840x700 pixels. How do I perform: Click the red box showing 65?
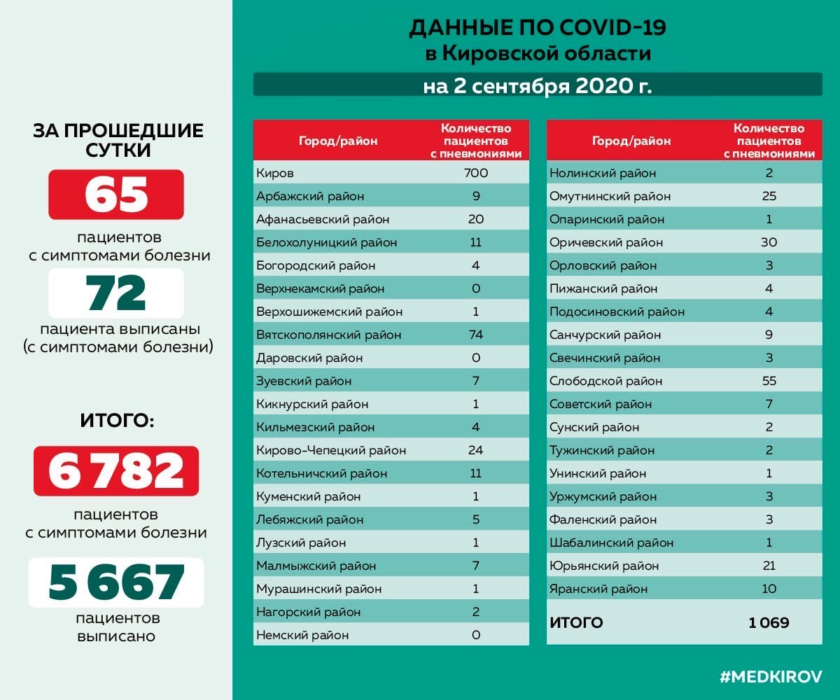coord(116,195)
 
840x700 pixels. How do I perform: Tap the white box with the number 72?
coord(116,293)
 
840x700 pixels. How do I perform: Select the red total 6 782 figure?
coord(116,471)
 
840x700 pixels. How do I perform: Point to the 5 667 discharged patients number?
coord(116,582)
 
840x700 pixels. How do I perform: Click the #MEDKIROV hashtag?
coord(771,677)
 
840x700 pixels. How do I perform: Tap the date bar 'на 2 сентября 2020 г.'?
coord(537,86)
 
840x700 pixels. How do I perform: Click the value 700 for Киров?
coord(476,173)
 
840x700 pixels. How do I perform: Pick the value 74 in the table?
coord(476,335)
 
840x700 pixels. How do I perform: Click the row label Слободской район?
coord(606,381)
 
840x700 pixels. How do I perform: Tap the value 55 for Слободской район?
coord(769,381)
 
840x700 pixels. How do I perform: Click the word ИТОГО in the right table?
coord(576,622)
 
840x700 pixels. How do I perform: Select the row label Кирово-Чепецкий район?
coord(331,450)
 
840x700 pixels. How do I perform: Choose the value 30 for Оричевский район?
coord(769,242)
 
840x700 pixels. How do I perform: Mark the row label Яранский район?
coord(598,589)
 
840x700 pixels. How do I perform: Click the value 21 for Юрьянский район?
coord(769,566)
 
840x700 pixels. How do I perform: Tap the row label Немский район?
coord(302,635)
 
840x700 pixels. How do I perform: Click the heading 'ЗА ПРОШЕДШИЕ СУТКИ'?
coord(118,140)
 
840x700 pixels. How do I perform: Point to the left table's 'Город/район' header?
coord(338,141)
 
